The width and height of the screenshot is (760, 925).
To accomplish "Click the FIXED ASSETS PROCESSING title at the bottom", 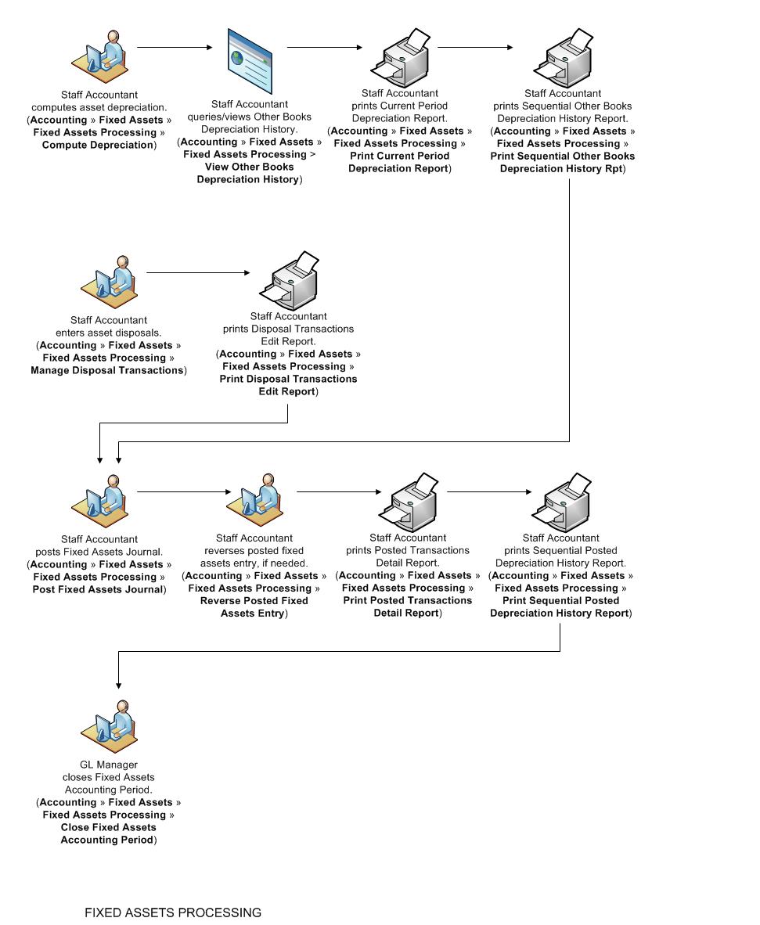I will pos(173,912).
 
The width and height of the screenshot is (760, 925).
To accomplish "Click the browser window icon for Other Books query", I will pos(250,63).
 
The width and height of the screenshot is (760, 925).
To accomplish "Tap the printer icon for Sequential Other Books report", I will pos(563,59).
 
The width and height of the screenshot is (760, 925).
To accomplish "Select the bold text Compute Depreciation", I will pos(98,145).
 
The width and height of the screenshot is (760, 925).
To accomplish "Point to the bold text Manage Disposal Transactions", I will pos(106,370).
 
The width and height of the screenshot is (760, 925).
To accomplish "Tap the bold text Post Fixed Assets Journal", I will pos(98,589).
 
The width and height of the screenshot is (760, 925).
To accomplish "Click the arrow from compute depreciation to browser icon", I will pos(175,48).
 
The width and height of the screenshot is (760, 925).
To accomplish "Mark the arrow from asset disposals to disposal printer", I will pos(197,273).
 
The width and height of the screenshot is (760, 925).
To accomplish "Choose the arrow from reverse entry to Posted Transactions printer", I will pos(338,492).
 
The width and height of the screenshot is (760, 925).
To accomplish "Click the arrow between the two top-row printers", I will pos(475,48).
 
